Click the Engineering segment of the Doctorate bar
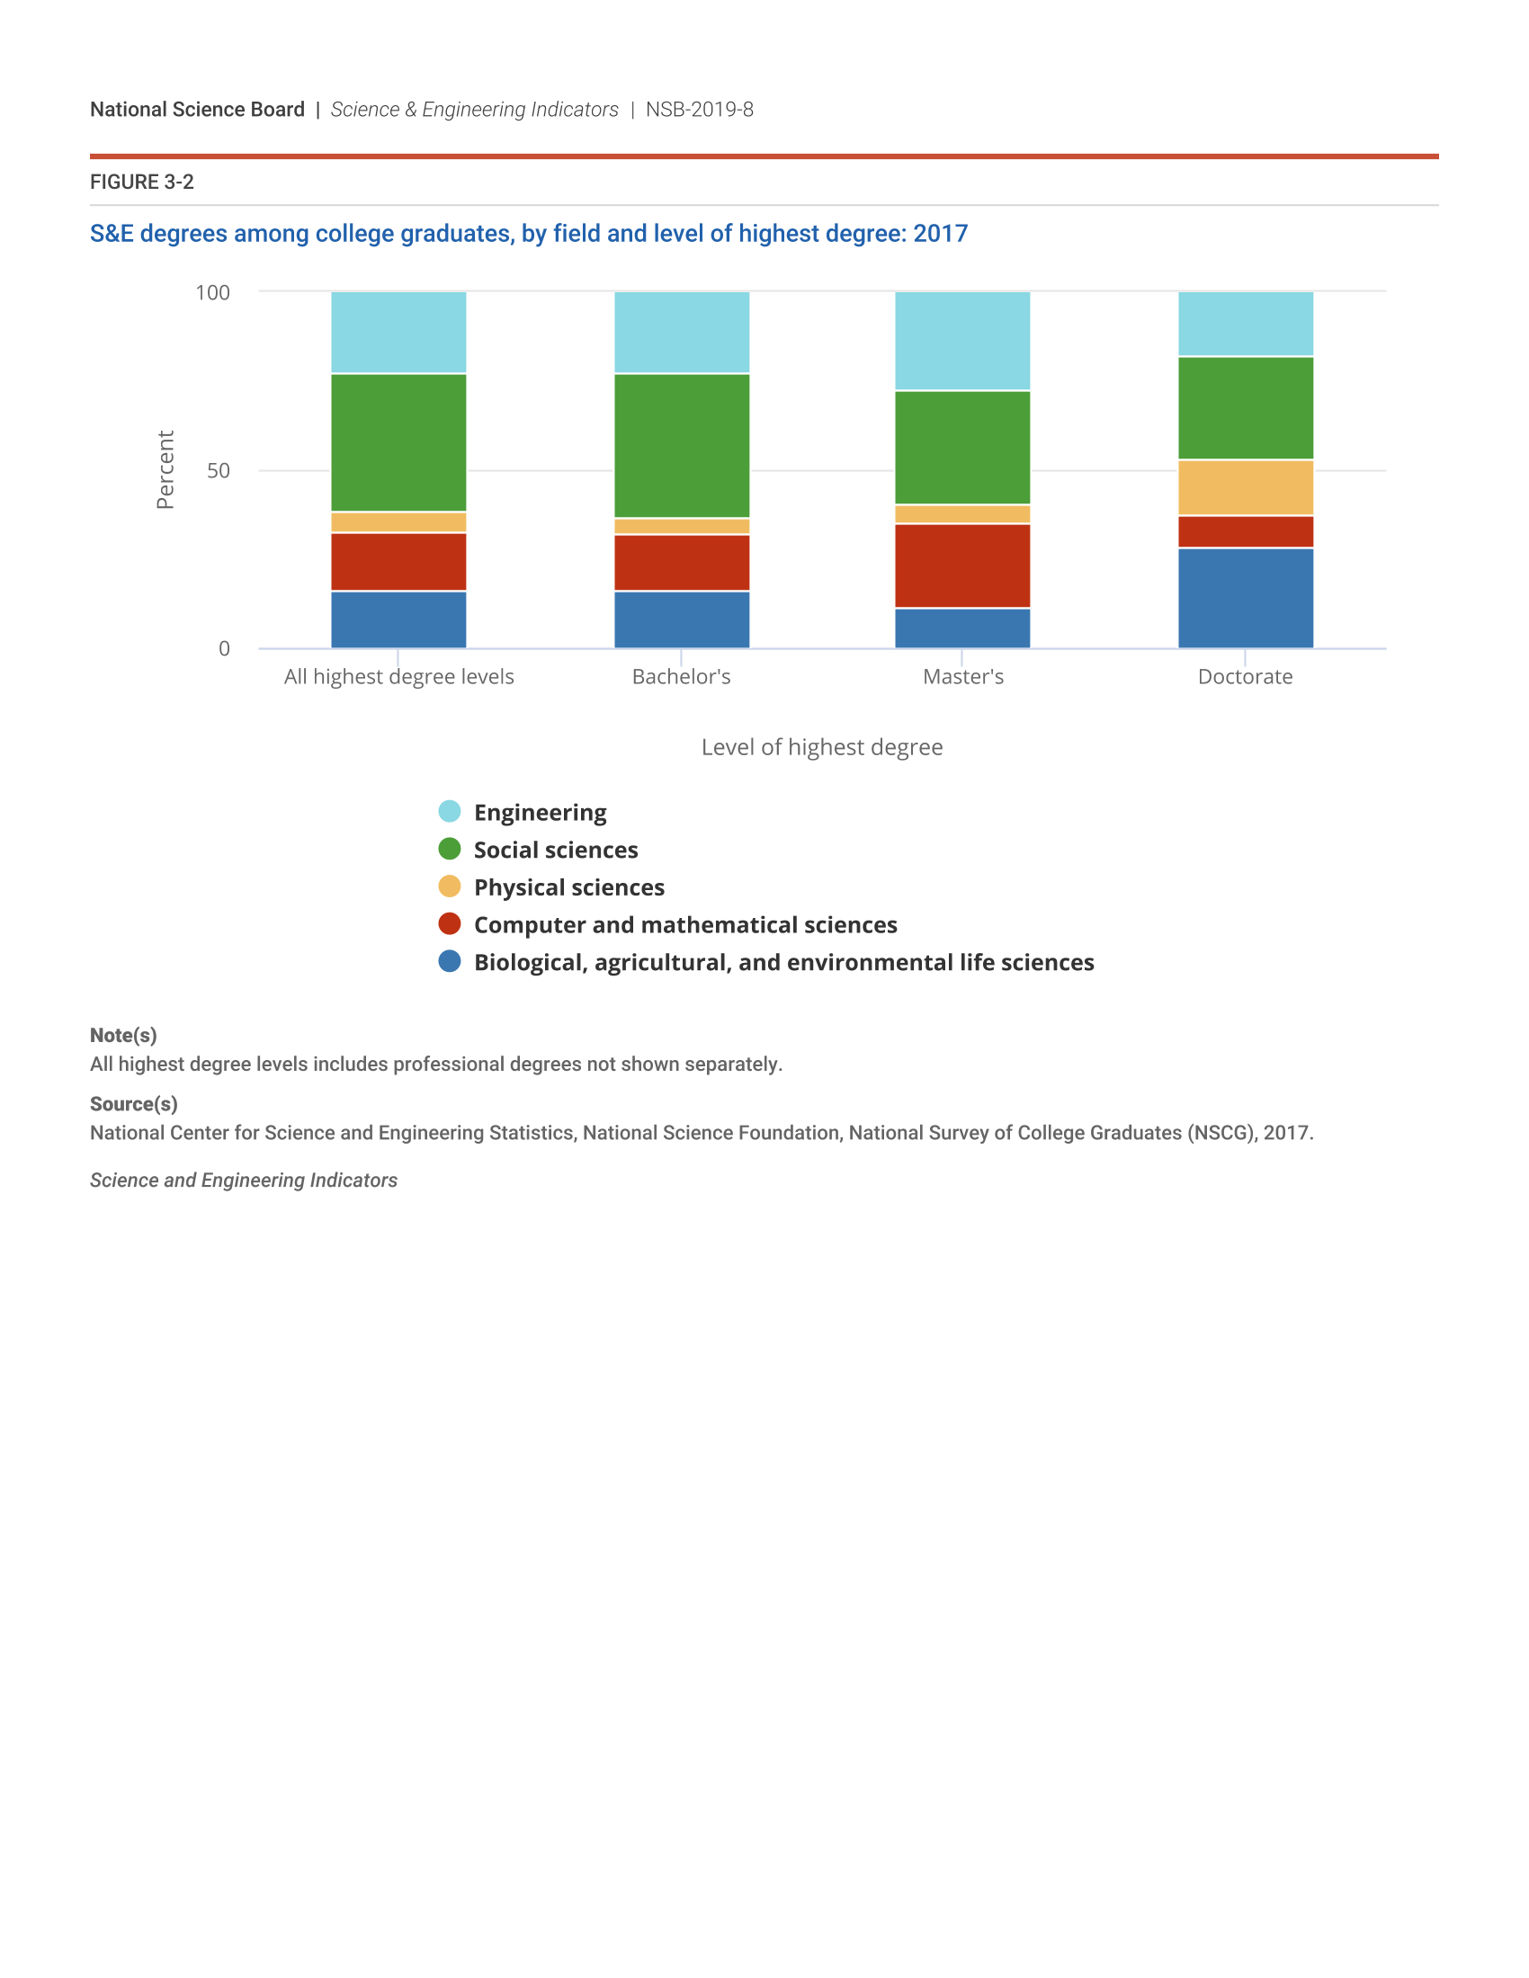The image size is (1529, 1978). (1245, 324)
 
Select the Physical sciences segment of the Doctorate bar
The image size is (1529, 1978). (1245, 487)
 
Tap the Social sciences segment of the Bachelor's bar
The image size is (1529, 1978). (681, 446)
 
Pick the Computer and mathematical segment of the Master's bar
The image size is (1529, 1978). (962, 566)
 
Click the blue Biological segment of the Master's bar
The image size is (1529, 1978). (962, 628)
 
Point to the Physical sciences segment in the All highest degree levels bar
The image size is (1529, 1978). (398, 521)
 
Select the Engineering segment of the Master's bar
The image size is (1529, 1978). (962, 341)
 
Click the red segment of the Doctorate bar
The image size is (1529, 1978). (1245, 531)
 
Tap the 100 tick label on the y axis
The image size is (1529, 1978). (213, 292)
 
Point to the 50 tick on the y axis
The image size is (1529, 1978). (219, 471)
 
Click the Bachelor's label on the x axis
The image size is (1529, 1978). (681, 676)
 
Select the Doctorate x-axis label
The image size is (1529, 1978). (1245, 676)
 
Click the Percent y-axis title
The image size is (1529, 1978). (165, 469)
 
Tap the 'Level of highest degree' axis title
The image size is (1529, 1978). (821, 747)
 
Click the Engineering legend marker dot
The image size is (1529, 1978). (450, 812)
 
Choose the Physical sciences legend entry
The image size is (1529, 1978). (568, 887)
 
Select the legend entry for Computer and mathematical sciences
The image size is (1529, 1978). (684, 924)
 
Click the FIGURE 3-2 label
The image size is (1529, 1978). (142, 182)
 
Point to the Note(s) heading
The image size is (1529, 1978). (123, 1035)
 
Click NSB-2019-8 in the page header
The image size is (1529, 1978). (699, 110)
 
